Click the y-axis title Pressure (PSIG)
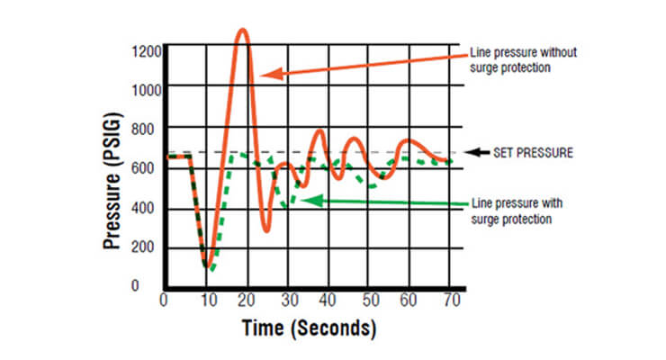click(x=115, y=167)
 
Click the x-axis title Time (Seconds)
click(x=309, y=329)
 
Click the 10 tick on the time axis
click(x=210, y=300)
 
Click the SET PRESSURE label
click(x=532, y=153)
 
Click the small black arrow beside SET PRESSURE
click(x=479, y=153)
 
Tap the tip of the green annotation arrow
click(x=301, y=200)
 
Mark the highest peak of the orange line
click(x=242, y=30)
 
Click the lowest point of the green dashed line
click(x=211, y=269)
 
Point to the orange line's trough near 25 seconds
click(x=266, y=230)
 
